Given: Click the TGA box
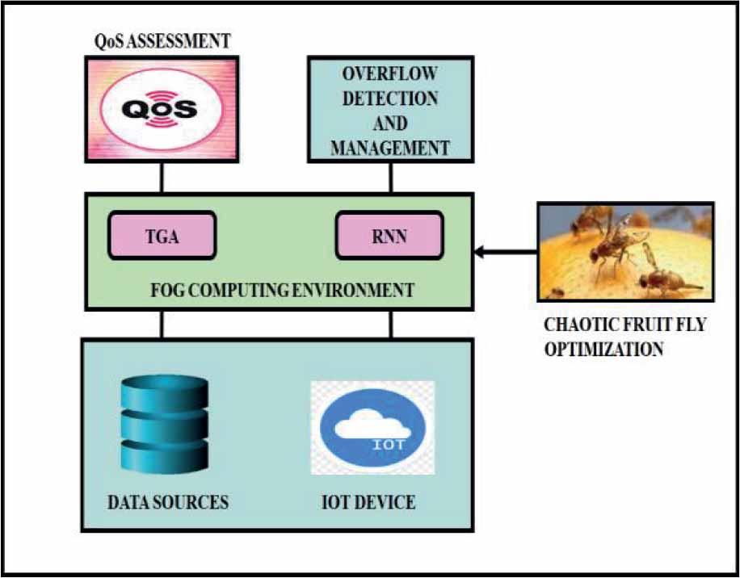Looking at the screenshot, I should click(x=162, y=235).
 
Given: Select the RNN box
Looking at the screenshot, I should click(x=389, y=235).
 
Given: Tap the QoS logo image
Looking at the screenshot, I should click(x=162, y=108).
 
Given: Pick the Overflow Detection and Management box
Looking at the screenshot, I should click(x=390, y=109).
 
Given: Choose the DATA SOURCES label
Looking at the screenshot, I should click(x=168, y=502).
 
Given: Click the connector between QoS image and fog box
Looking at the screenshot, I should click(x=162, y=176).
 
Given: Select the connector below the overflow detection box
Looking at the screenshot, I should click(x=391, y=176).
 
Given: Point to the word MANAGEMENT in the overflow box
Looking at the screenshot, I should click(x=390, y=148).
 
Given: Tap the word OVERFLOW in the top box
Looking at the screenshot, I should click(x=390, y=74).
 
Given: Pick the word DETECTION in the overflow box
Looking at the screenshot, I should click(x=391, y=99).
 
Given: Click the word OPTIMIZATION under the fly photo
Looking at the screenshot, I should click(x=604, y=350).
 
